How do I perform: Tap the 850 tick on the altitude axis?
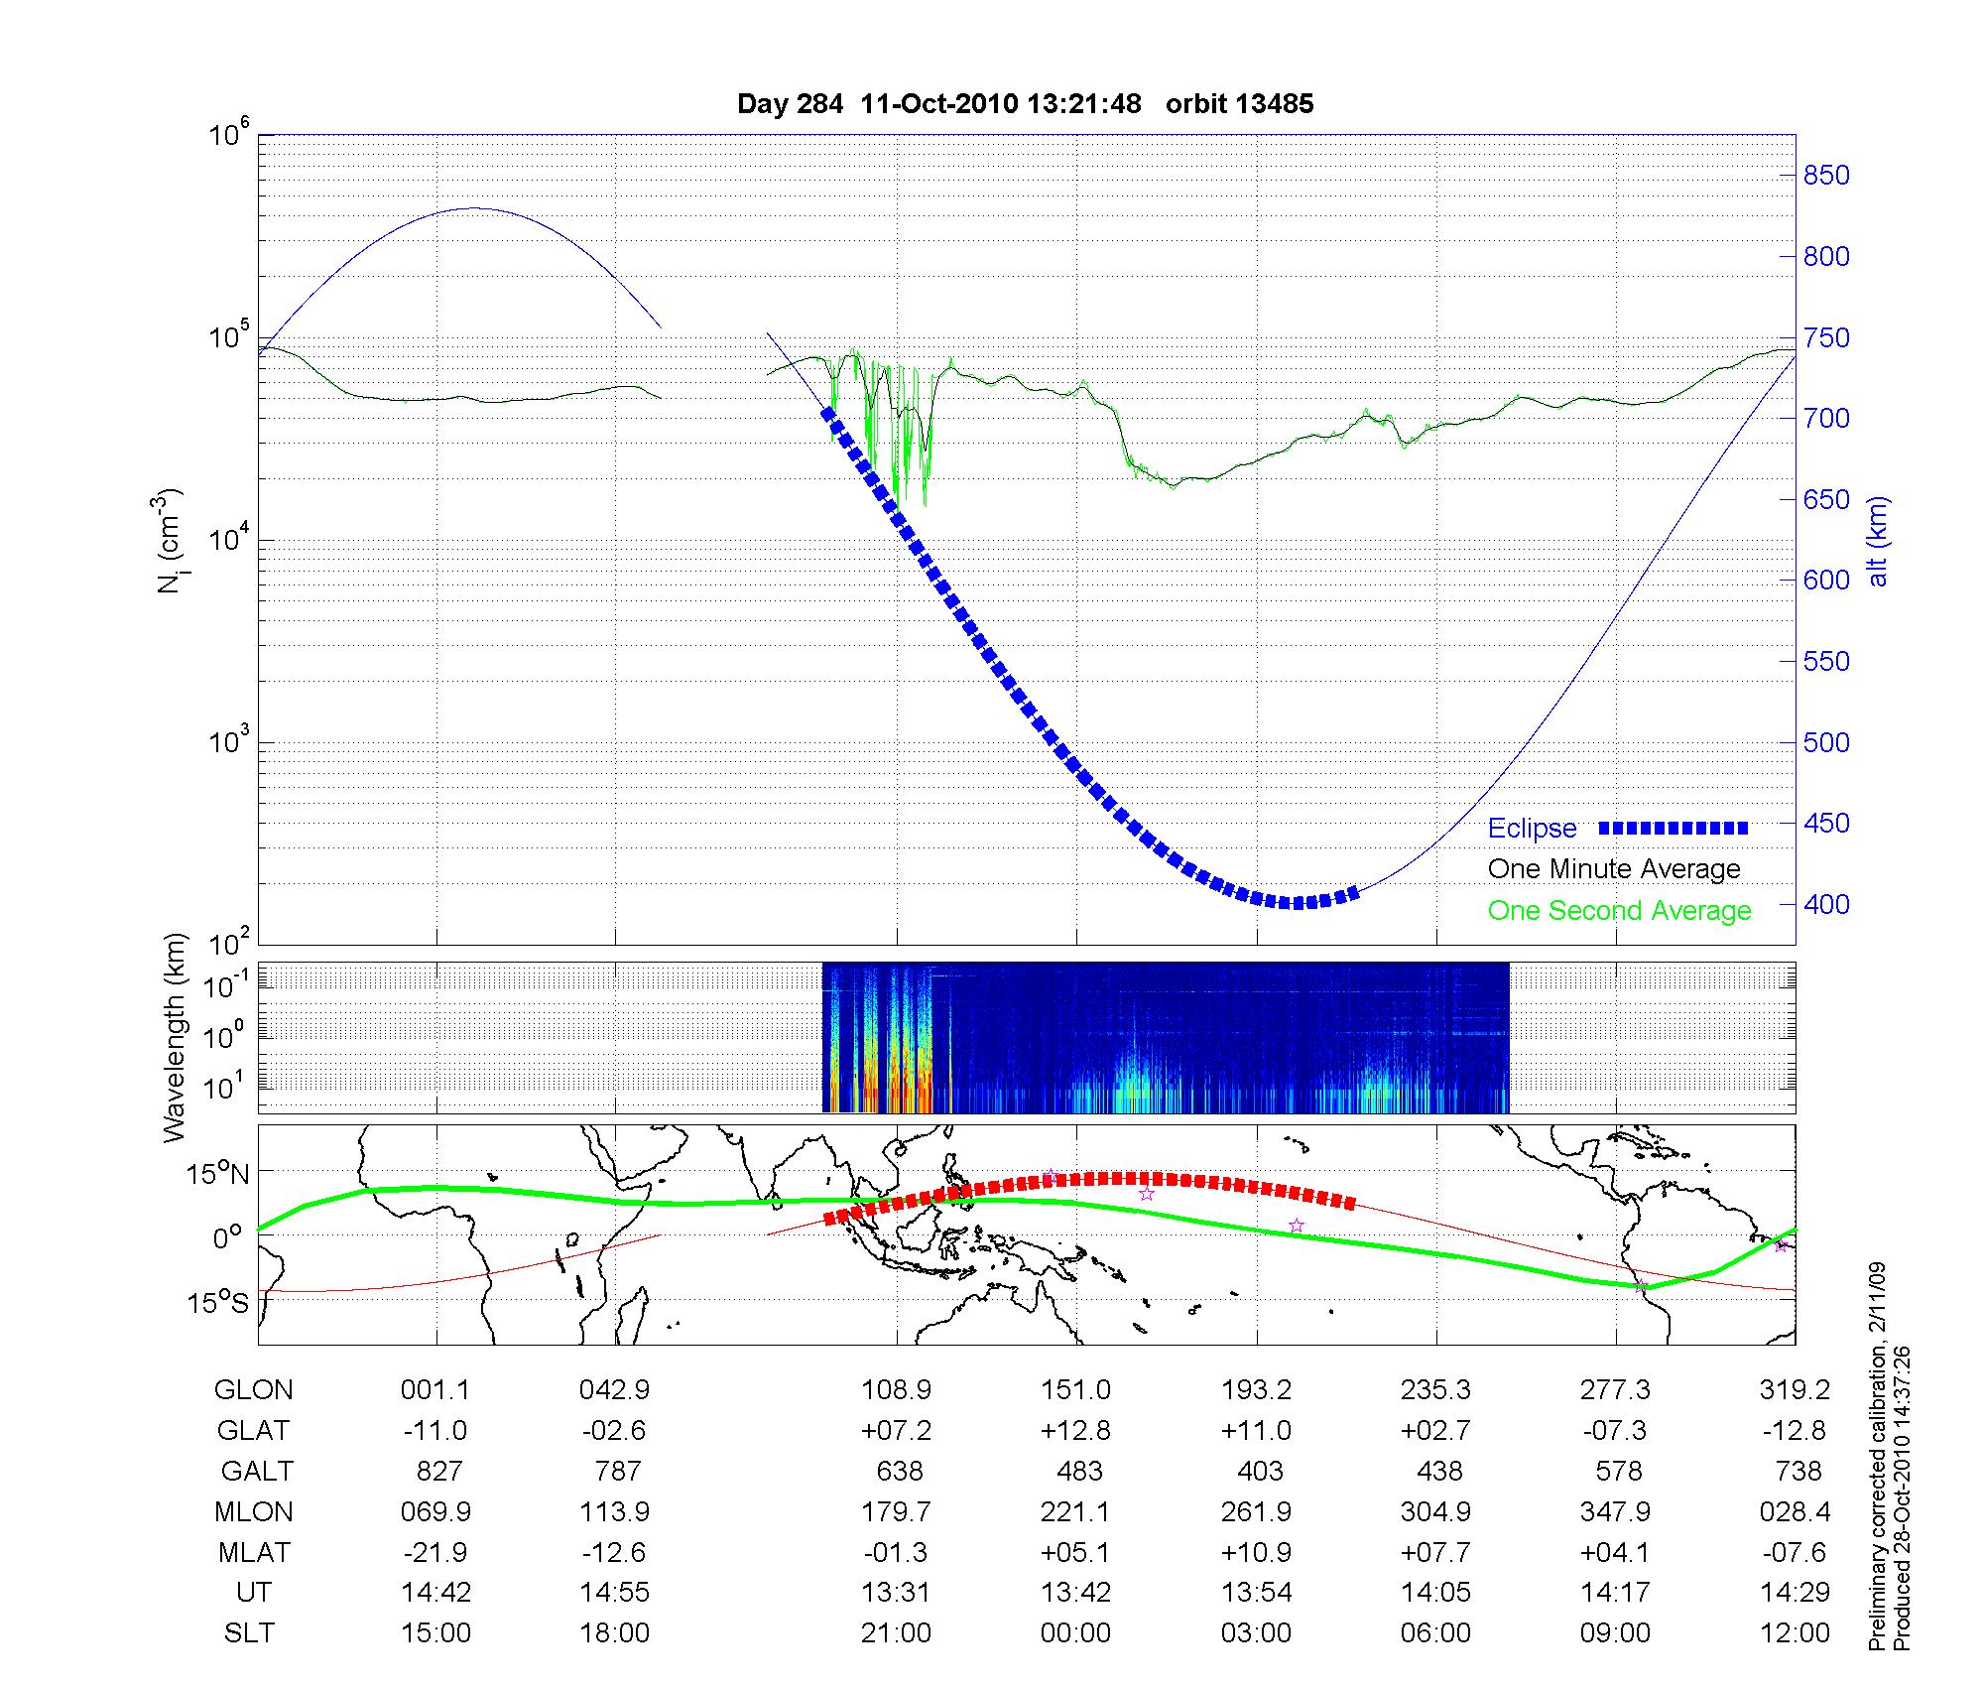tap(1826, 176)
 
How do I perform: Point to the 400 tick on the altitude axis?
tap(1826, 904)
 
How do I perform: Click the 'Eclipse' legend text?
tap(1532, 829)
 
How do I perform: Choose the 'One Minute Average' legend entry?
tap(1614, 869)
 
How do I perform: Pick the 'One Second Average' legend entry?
tap(1619, 911)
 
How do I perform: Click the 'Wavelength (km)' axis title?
tap(175, 1037)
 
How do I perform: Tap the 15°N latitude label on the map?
tap(219, 1175)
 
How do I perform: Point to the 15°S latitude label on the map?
tap(219, 1302)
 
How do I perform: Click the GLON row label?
tap(254, 1390)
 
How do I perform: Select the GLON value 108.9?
tap(897, 1390)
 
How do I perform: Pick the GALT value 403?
tap(1260, 1471)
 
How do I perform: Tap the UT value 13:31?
tap(897, 1593)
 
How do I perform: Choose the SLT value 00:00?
tap(1076, 1633)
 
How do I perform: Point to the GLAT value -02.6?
tap(615, 1431)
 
